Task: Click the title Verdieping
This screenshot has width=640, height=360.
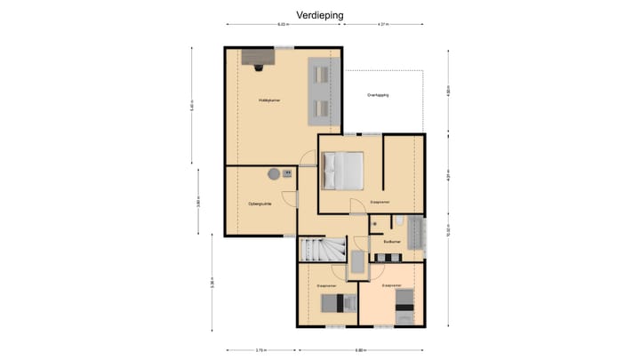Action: pyautogui.click(x=319, y=15)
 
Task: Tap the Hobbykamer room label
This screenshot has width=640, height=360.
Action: pyautogui.click(x=269, y=100)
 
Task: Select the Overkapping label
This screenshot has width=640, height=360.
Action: pyautogui.click(x=379, y=95)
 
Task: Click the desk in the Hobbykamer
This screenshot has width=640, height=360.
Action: pyautogui.click(x=258, y=56)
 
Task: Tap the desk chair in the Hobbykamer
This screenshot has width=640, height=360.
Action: pyautogui.click(x=257, y=68)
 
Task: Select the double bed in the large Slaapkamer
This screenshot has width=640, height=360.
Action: pyautogui.click(x=342, y=170)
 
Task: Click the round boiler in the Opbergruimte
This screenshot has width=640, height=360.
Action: pyautogui.click(x=275, y=174)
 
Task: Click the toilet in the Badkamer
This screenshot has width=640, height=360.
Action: pyautogui.click(x=376, y=222)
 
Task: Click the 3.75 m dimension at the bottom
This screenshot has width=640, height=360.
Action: pyautogui.click(x=260, y=349)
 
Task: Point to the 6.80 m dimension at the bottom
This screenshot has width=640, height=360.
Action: pyautogui.click(x=360, y=349)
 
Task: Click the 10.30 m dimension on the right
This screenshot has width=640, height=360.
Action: pyautogui.click(x=448, y=230)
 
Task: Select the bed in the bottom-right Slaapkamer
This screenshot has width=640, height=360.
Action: pyautogui.click(x=404, y=311)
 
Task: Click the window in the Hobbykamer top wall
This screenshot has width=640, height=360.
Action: pyautogui.click(x=284, y=46)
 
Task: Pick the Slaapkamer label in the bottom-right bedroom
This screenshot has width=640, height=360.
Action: pyautogui.click(x=392, y=286)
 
